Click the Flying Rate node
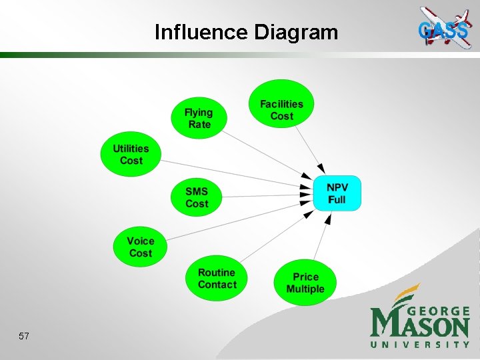[199, 118]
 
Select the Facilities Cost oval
[281, 109]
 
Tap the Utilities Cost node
[131, 153]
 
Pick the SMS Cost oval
[197, 197]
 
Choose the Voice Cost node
[140, 247]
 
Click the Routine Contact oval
[217, 278]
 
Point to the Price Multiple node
[305, 283]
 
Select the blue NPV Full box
[337, 193]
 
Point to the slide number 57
[24, 337]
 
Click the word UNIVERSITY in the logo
[420, 345]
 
